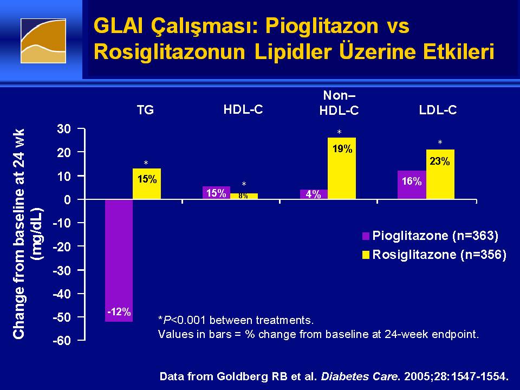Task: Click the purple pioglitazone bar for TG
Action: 119,261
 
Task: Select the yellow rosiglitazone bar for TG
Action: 147,184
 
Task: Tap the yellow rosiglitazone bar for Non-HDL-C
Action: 342,168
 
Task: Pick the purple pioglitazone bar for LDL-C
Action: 412,185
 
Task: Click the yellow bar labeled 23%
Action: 440,174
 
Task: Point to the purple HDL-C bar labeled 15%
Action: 216,193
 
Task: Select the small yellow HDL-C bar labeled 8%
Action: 244,196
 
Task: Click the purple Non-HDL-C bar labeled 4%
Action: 314,194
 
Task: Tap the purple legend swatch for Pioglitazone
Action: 366,236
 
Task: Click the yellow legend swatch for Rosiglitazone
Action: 366,255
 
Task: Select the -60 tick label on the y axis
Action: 62,341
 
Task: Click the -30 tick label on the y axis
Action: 62,270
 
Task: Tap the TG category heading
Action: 145,110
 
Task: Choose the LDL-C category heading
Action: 438,110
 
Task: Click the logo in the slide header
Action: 43,41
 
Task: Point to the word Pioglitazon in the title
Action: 322,27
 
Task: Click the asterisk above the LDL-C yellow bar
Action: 440,142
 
